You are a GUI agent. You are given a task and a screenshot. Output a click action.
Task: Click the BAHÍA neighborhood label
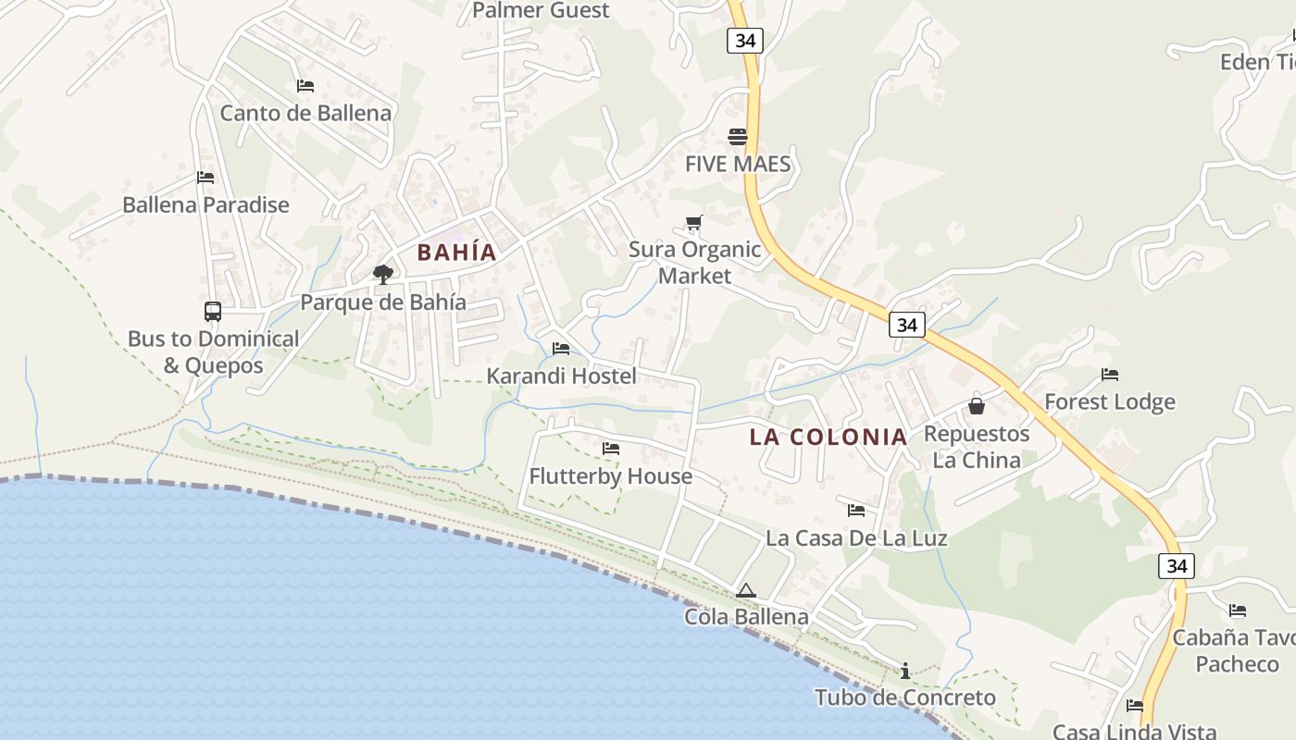coord(456,252)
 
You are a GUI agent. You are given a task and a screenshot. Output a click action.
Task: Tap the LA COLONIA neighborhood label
coord(828,437)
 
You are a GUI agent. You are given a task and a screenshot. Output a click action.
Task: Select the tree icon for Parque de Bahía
coord(382,274)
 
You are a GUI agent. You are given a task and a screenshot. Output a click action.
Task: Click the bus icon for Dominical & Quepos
coord(213,312)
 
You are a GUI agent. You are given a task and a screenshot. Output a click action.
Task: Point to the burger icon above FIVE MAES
coord(738,137)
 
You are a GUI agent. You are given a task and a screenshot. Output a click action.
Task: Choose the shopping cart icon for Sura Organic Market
coord(694,222)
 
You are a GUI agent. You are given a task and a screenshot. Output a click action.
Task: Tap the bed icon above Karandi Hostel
coord(561,349)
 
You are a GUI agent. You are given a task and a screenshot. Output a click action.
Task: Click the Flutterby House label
coord(610,476)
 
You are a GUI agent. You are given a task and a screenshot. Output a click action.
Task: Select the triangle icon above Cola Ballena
coord(746,590)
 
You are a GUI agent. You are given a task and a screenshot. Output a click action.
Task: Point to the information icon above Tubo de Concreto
coord(905,671)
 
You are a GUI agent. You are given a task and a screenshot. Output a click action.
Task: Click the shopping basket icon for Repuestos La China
coord(976,405)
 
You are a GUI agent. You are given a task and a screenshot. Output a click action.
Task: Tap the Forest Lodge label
coord(1109,401)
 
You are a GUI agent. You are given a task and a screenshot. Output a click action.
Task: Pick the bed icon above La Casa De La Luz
coord(856,510)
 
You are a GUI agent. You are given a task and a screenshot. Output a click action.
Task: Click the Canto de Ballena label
coord(305,113)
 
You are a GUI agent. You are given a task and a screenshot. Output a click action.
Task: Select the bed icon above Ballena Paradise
coord(206,178)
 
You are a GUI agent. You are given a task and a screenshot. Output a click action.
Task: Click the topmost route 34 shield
coord(744,40)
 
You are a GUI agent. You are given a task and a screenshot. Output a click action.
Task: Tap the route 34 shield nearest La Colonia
coord(906,325)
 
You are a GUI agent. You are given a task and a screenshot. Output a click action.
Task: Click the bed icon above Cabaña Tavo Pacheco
coord(1238,610)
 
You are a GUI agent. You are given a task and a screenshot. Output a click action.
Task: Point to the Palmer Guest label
coord(541,10)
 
